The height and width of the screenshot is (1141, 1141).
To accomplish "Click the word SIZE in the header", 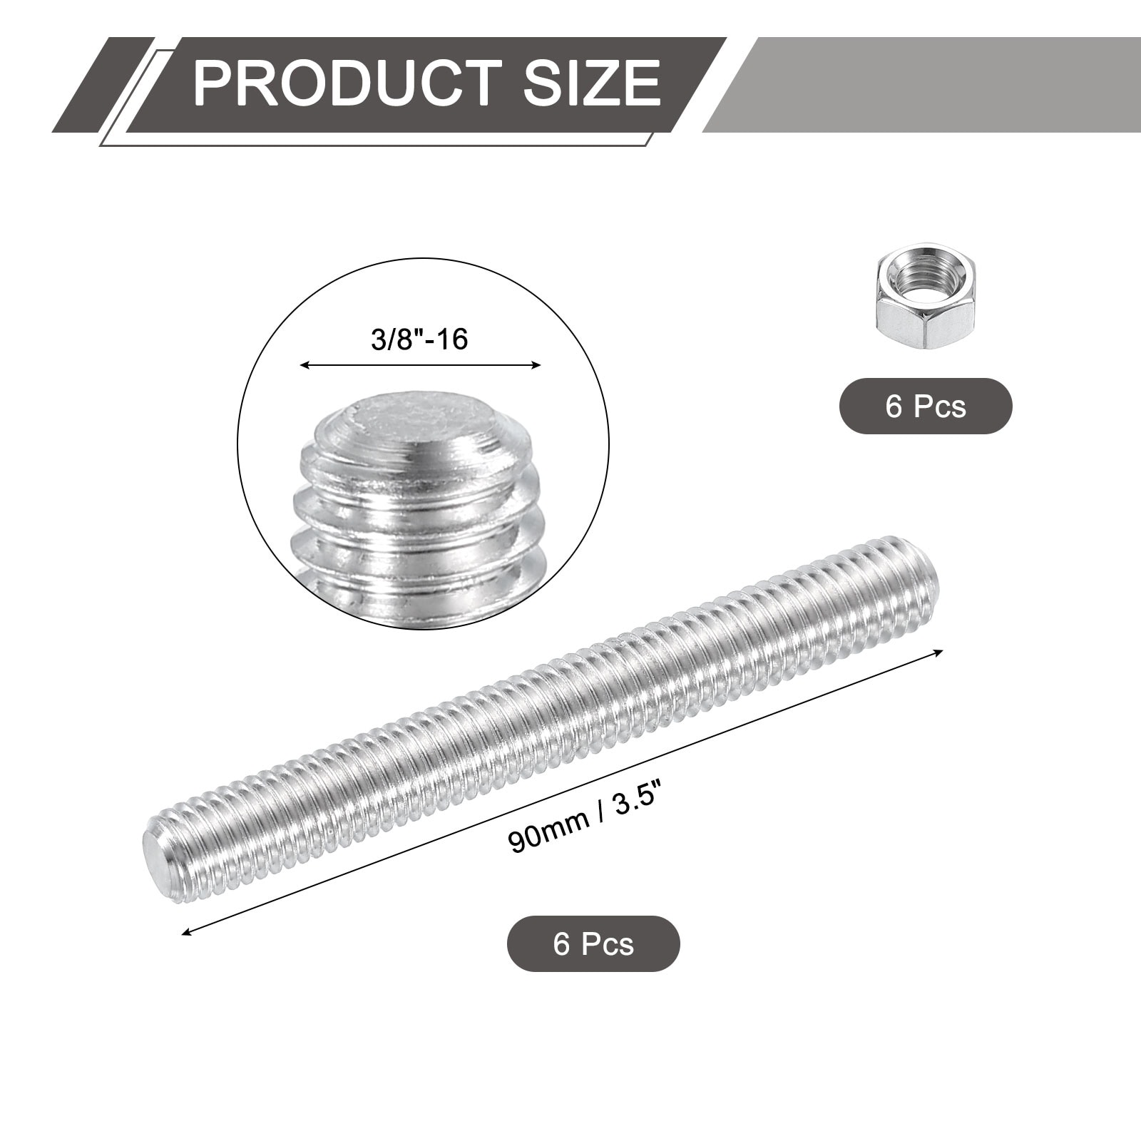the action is pyautogui.click(x=591, y=84).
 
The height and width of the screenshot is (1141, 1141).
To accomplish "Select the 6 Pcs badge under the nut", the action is pyautogui.click(x=926, y=406).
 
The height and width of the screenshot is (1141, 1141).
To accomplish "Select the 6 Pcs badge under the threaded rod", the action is pyautogui.click(x=593, y=944).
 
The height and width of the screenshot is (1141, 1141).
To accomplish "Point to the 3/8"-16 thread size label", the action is pyautogui.click(x=419, y=339).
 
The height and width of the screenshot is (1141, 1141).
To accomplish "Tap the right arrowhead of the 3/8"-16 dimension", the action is pyautogui.click(x=535, y=365).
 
